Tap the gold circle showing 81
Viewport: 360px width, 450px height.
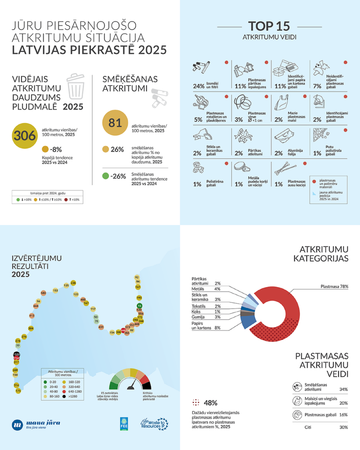tap(115, 123)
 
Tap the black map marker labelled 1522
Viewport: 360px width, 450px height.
tap(17, 354)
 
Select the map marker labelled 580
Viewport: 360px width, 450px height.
tap(43, 293)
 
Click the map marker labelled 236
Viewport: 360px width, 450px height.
tap(73, 283)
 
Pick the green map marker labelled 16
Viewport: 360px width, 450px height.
tap(139, 305)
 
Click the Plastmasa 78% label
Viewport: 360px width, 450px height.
tap(334, 287)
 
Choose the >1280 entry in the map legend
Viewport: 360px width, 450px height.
tap(75, 396)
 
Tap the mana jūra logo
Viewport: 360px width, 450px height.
tap(36, 424)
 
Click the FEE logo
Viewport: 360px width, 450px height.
tap(124, 423)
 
